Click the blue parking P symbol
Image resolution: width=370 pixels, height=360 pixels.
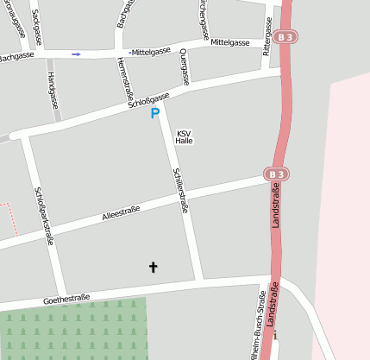[x=155, y=114]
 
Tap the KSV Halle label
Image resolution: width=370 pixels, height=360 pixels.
[x=184, y=136]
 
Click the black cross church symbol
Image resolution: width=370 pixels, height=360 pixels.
[x=154, y=268]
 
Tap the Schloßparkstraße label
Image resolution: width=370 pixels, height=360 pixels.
[x=44, y=216]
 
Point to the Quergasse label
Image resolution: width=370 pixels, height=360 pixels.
[x=184, y=66]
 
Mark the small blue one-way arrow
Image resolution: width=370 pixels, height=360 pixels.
[x=76, y=54]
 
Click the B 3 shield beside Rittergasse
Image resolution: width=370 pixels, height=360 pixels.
[x=287, y=37]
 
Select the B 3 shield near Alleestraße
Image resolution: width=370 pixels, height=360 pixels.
[x=275, y=174]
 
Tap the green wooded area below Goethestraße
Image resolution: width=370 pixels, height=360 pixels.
[x=69, y=332]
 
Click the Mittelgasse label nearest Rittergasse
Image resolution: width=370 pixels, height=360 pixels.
[x=229, y=42]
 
